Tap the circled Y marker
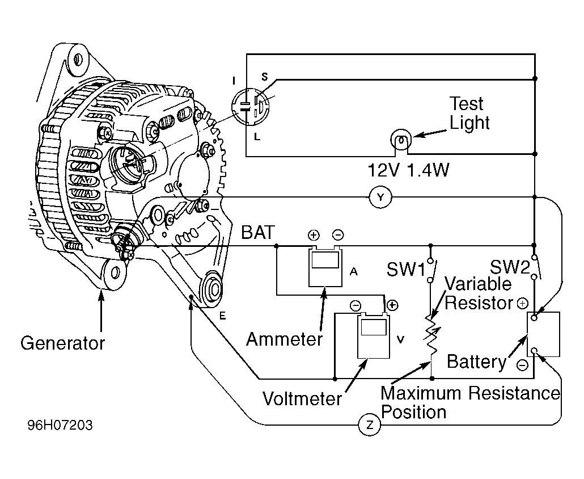coord(380,197)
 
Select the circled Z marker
coord(370,425)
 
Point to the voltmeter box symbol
coord(374,335)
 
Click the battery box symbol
coord(543,334)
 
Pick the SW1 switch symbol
coord(431,269)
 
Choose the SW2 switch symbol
coord(535,267)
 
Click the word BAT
coord(258,232)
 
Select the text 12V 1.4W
coord(408,170)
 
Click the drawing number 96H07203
coord(60,425)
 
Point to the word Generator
coord(62,343)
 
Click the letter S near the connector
coord(264,77)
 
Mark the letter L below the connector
coord(257,137)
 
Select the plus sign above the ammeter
coord(314,235)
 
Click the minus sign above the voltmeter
coord(356,306)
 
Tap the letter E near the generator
coord(222,316)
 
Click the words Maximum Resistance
coord(470,393)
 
